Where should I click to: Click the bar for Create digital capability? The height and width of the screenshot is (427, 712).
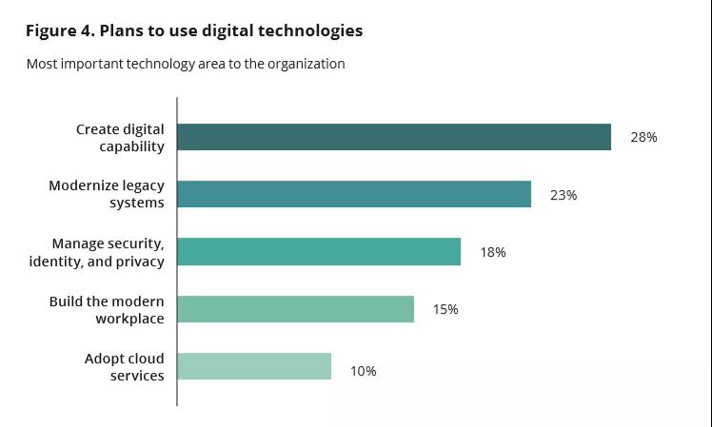(x=394, y=137)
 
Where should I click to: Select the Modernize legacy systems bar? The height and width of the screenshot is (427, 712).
(x=354, y=194)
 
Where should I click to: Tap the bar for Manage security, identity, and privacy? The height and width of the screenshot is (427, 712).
(x=319, y=252)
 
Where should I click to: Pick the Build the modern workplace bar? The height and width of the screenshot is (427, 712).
(x=296, y=309)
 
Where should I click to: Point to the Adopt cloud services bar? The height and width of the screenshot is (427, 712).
(x=254, y=366)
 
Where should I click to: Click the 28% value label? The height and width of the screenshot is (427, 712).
(x=643, y=137)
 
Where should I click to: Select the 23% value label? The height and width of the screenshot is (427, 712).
(x=564, y=195)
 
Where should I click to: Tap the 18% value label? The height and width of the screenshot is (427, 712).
(x=493, y=252)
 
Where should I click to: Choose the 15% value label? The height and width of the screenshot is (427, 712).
(x=445, y=309)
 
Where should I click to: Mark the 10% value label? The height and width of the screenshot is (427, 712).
(x=363, y=371)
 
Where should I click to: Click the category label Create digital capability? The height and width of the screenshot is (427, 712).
(x=120, y=137)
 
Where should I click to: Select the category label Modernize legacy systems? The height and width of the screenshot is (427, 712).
(x=107, y=194)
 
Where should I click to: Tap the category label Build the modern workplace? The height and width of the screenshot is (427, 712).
(x=107, y=309)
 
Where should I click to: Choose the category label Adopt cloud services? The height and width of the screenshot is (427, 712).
(x=124, y=366)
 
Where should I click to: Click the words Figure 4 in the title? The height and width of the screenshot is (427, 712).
(x=59, y=30)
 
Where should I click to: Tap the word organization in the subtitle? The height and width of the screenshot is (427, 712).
(x=305, y=65)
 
